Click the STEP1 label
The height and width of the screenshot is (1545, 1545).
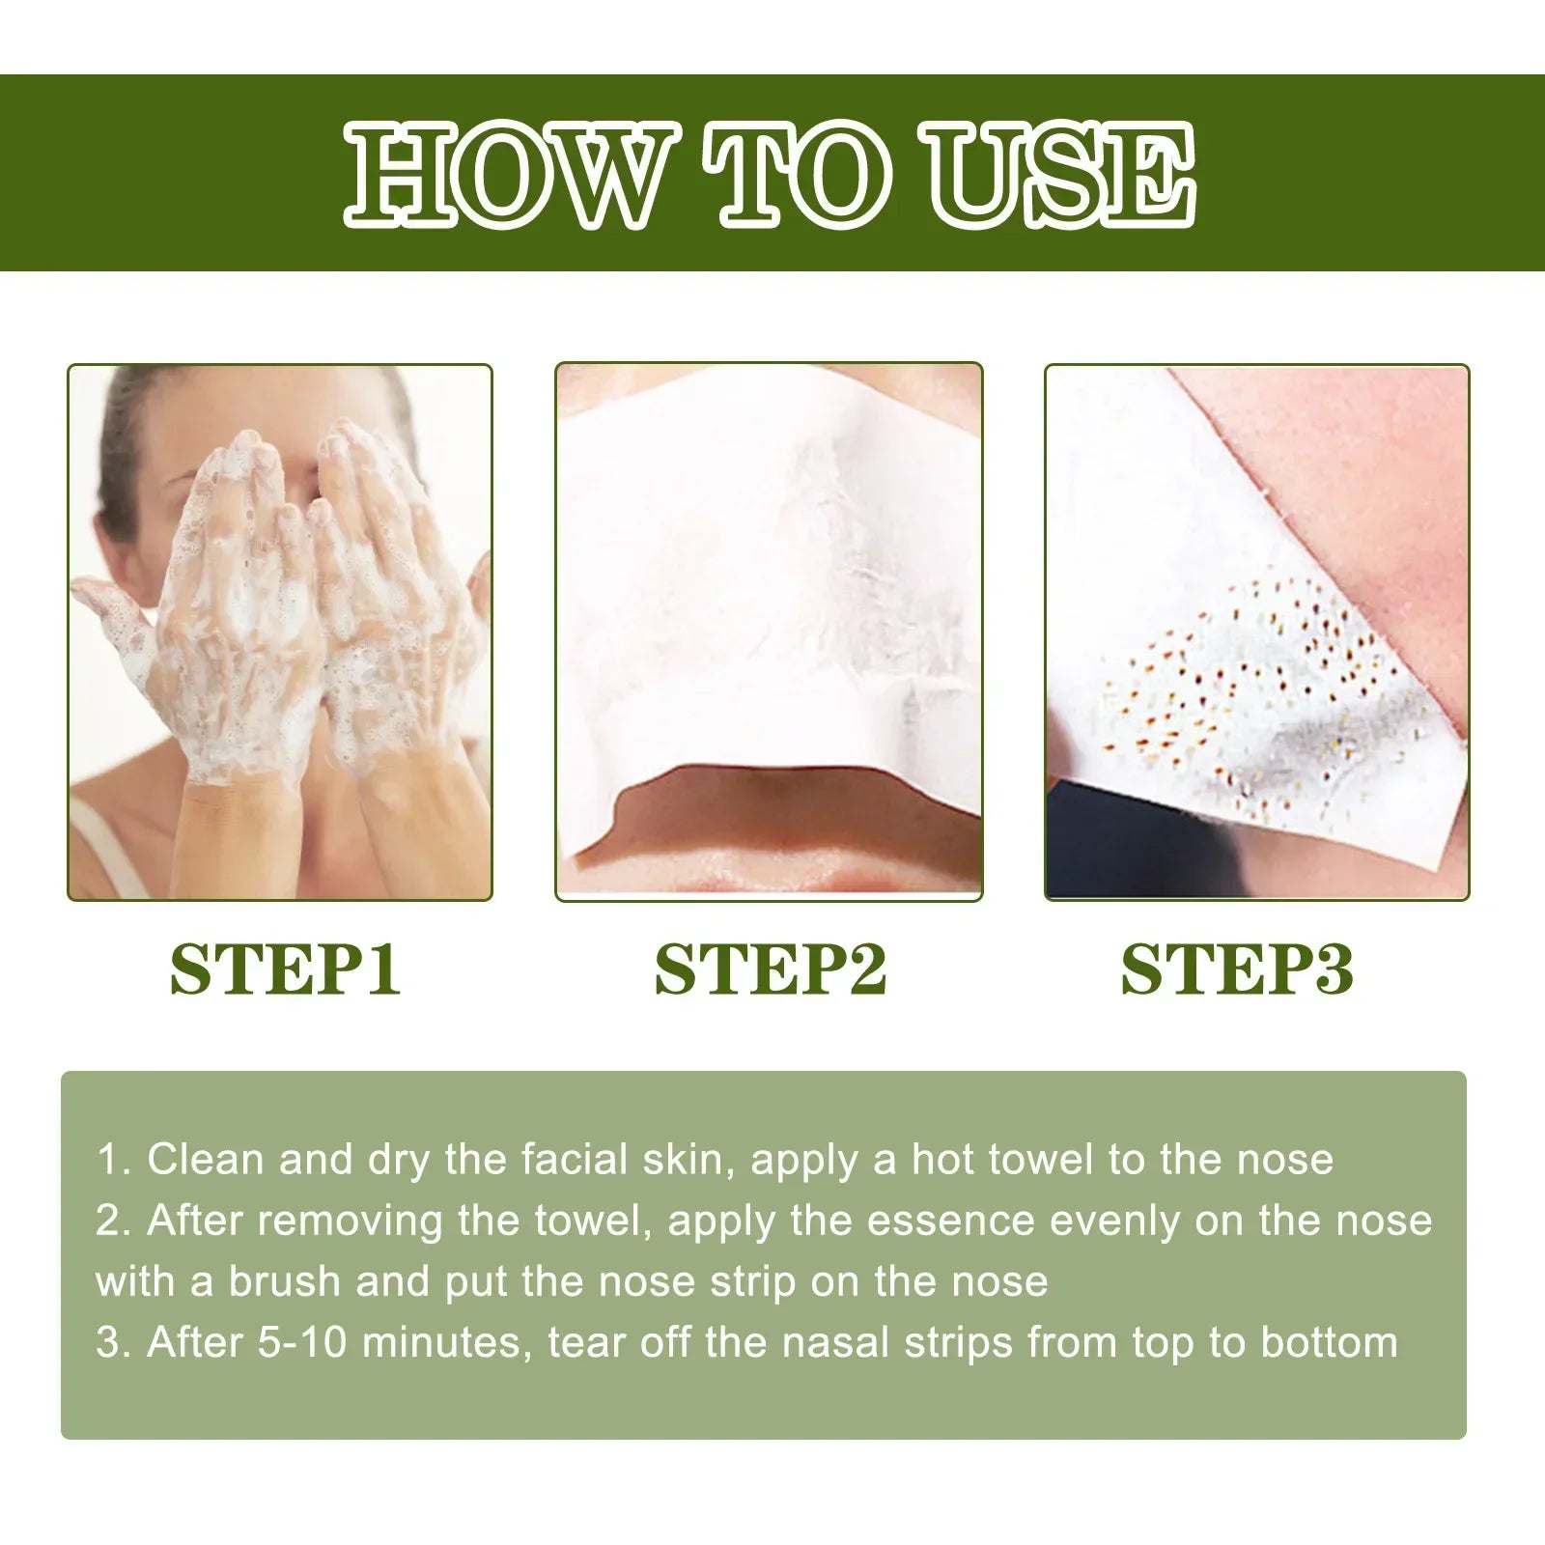click(x=285, y=969)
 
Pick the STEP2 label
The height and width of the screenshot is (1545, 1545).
click(x=770, y=969)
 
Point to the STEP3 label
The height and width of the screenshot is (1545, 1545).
click(x=1237, y=969)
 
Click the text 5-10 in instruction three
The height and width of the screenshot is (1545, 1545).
click(x=302, y=1343)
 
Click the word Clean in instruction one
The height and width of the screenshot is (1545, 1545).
click(x=206, y=1160)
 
